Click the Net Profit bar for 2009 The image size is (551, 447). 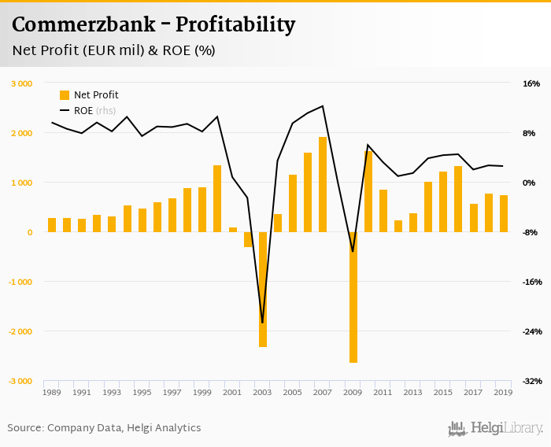(353, 297)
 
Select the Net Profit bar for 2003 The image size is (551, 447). (263, 290)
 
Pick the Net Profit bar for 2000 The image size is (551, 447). (217, 199)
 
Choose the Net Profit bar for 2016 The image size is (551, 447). (458, 199)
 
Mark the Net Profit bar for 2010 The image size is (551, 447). (368, 191)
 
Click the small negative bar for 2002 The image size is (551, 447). (247, 239)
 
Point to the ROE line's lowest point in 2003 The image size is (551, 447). (262, 323)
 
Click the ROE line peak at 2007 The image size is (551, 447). (323, 105)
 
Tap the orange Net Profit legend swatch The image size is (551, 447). (65, 95)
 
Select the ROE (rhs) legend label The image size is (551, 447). (94, 111)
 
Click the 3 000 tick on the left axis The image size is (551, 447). (21, 83)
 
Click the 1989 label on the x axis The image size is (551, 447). (52, 392)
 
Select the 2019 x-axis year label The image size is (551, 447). (503, 392)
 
